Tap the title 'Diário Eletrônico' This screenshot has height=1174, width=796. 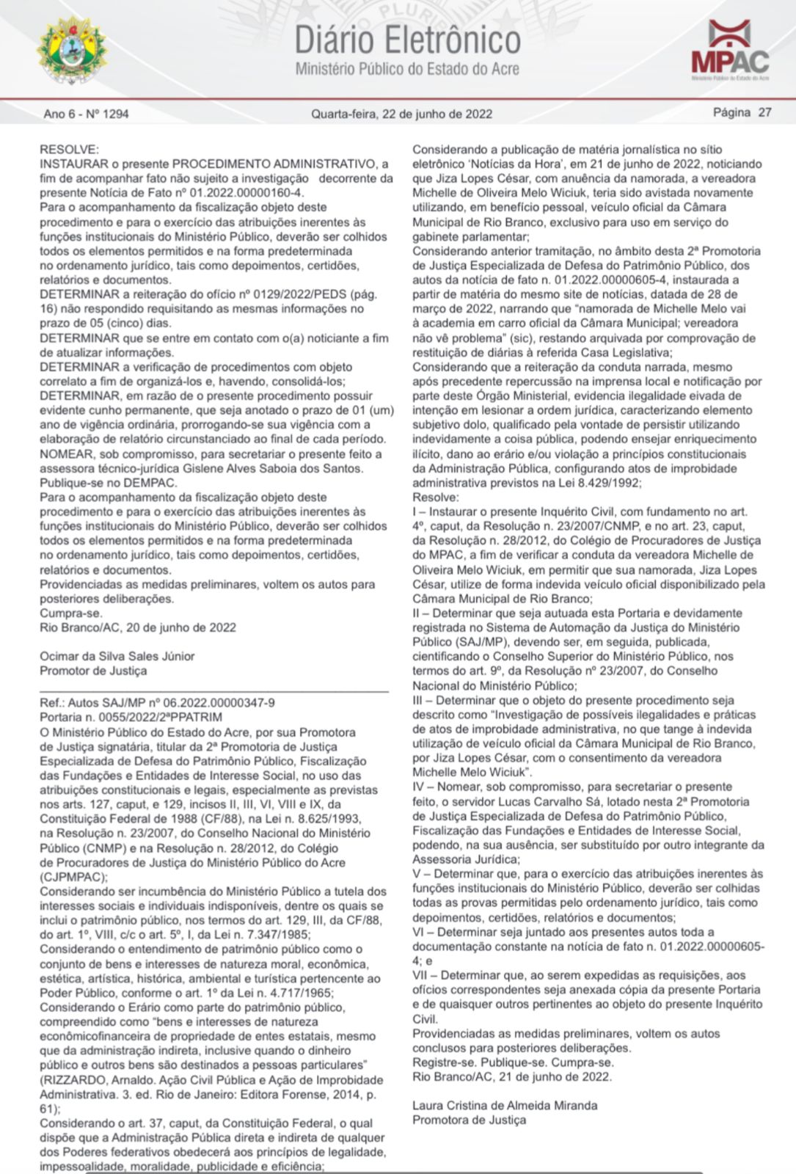tap(407, 40)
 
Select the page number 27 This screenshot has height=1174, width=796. tap(764, 112)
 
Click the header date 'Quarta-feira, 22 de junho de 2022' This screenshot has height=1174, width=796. tap(401, 114)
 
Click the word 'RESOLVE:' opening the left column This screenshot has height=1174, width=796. tap(69, 150)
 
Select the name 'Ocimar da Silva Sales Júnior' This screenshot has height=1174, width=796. tap(117, 656)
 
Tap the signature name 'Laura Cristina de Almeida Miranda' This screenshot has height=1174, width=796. tap(505, 1105)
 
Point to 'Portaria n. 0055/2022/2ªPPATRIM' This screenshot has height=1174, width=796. tap(131, 717)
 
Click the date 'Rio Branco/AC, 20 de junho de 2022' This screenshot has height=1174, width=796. tap(138, 627)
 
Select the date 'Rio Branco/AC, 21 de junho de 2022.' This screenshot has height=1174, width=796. tap(511, 1076)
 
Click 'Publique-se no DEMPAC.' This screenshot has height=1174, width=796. tap(108, 483)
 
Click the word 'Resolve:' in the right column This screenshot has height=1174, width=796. tap(435, 497)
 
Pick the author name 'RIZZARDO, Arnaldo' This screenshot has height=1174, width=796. tap(92, 1080)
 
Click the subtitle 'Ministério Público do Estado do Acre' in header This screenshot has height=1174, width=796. tap(407, 70)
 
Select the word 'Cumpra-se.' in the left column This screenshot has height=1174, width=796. tap(71, 613)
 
